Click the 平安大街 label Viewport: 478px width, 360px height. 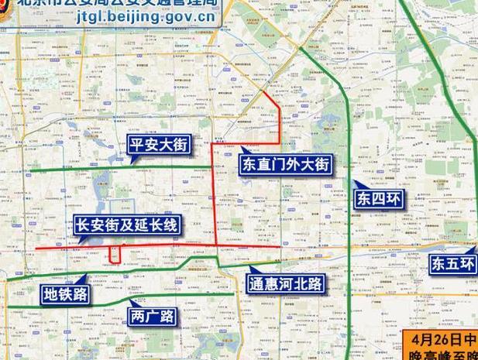[x=159, y=144]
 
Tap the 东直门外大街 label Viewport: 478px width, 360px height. [x=285, y=165]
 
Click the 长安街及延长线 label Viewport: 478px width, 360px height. [x=126, y=226]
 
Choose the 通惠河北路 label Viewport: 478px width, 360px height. [x=284, y=283]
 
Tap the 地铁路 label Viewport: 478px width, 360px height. [x=66, y=293]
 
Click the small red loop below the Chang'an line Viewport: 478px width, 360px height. [x=115, y=255]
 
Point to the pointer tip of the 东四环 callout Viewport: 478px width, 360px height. [x=353, y=183]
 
